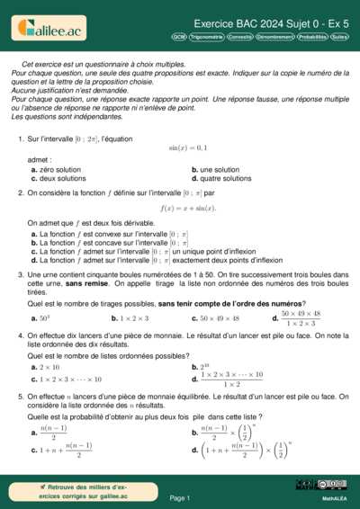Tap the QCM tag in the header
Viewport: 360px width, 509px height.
[x=179, y=37]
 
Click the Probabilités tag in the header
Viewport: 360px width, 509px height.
[x=312, y=37]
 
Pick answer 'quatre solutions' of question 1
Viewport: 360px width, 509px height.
[x=220, y=178]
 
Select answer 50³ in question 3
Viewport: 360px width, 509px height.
[x=40, y=318]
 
